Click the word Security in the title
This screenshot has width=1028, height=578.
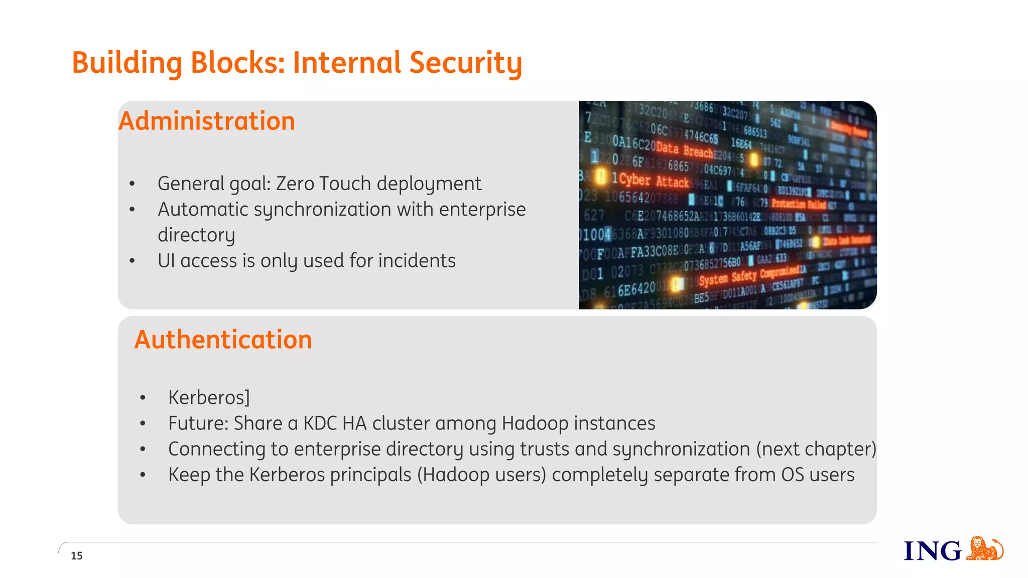[465, 63]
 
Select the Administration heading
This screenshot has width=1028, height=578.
[207, 121]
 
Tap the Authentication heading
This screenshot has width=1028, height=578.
[223, 340]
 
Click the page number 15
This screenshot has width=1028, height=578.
[76, 555]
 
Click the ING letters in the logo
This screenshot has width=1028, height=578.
[932, 551]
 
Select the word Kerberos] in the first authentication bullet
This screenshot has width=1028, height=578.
[209, 397]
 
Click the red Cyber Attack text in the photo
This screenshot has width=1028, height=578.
[654, 181]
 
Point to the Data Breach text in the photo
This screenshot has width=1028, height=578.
[684, 150]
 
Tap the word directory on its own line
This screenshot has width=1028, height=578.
[196, 235]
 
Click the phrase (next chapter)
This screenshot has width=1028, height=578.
[816, 449]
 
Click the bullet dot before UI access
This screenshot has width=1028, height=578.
[132, 261]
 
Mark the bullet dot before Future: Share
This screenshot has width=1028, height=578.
[143, 424]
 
